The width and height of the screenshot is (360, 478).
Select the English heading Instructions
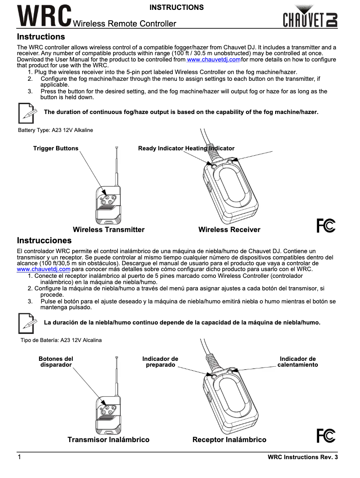coord(41,37)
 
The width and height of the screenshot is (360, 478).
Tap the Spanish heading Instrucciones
coord(44,241)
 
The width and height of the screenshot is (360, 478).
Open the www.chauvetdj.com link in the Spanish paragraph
coord(44,269)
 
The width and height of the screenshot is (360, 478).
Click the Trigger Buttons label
coord(56,149)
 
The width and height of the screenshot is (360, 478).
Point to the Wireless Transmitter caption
coord(109,230)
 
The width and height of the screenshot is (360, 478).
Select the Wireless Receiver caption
coord(229,230)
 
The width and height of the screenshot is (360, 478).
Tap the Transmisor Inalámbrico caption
coord(108,440)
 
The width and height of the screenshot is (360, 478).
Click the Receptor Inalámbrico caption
coord(229,440)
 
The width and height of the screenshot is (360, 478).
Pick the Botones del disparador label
coord(56,362)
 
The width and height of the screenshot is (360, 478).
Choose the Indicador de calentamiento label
coord(298,362)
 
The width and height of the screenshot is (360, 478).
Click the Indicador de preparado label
coord(160,362)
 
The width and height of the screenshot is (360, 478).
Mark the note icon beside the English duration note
coord(27,113)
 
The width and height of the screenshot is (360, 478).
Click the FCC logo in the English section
coord(326,225)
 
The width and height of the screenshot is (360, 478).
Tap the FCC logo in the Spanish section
coord(326,435)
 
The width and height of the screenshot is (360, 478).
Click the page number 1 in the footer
coord(19,457)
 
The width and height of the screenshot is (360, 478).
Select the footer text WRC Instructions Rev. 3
coord(302,457)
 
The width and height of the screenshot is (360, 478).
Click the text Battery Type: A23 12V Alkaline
coord(56,130)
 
